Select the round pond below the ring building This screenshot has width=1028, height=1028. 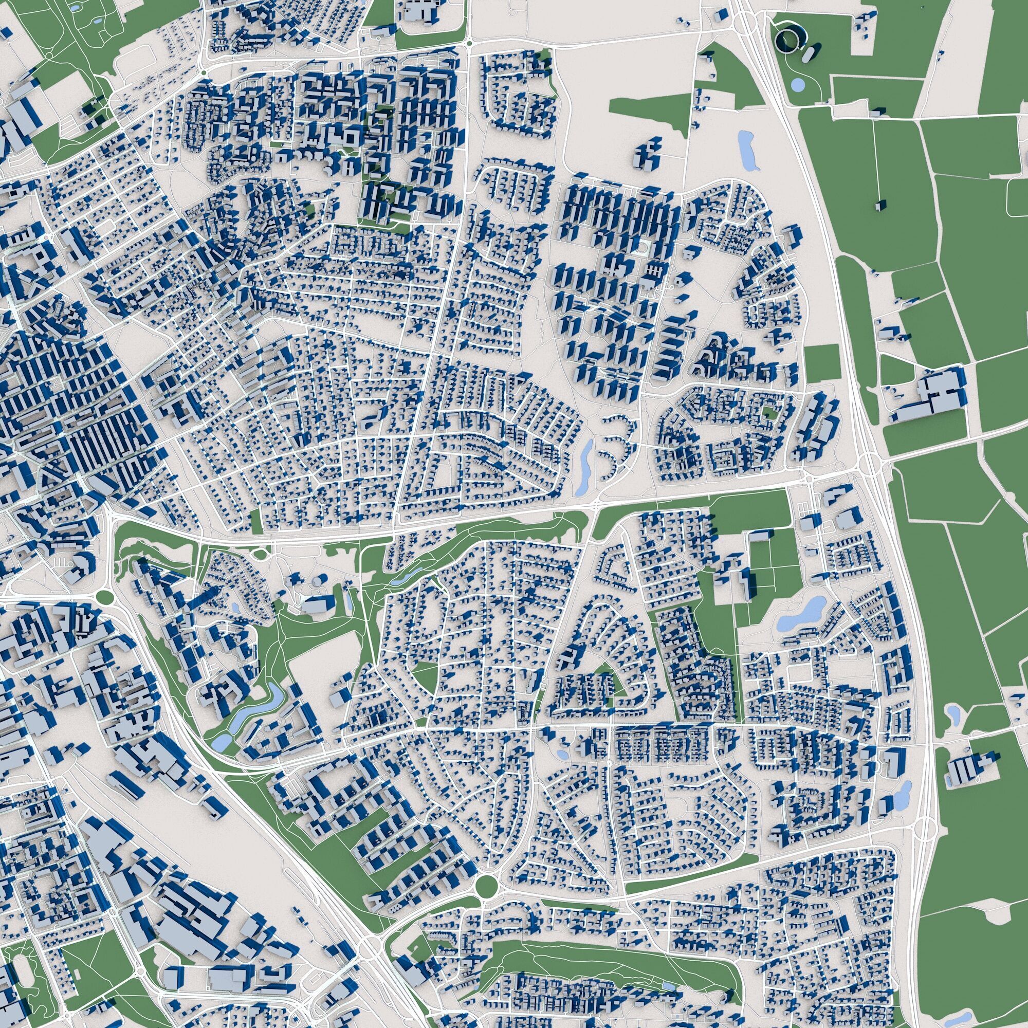798,84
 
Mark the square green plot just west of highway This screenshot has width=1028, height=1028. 821,363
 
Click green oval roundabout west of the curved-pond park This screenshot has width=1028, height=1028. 105,597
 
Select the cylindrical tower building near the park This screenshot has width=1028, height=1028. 318,581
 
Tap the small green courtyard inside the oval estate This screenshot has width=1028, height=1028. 768,412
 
